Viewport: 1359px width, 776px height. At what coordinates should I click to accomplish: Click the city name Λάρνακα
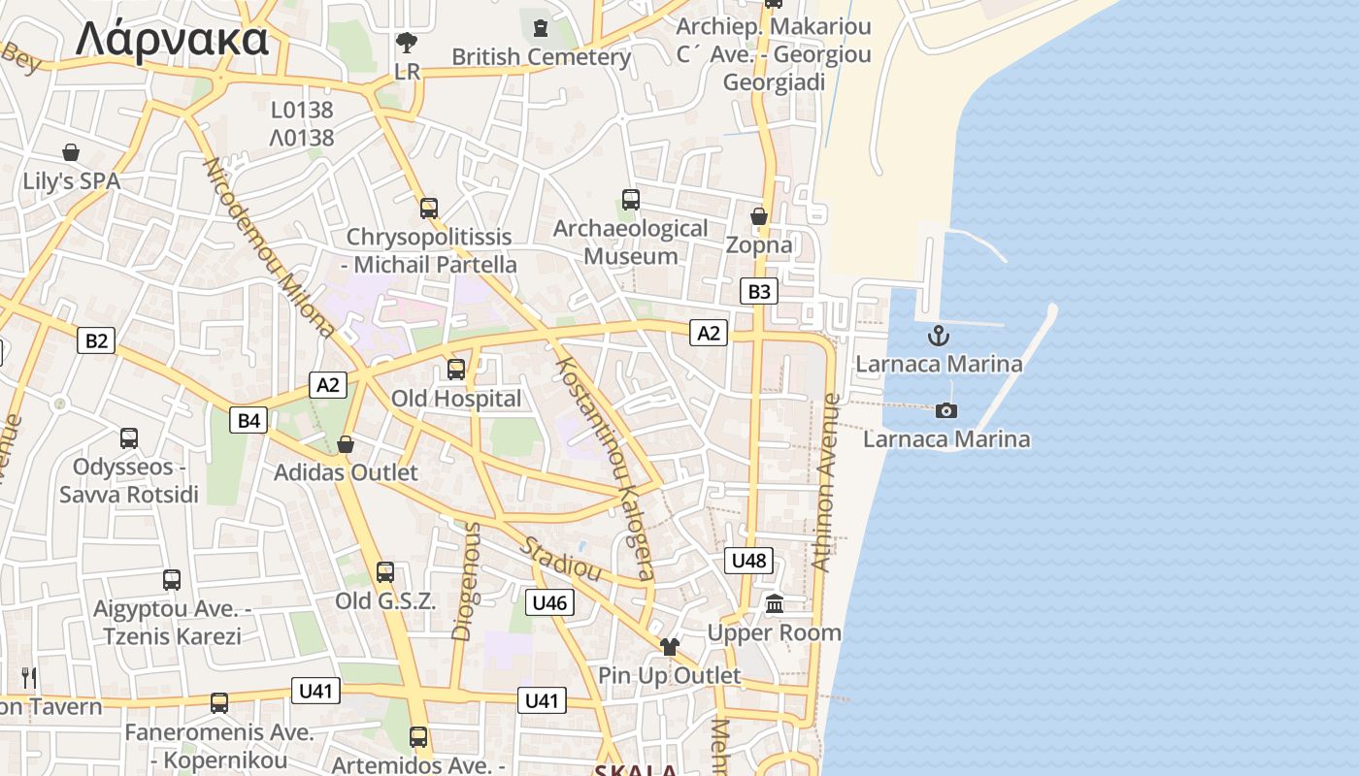point(172,40)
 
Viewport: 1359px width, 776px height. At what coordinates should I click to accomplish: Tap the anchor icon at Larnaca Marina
point(938,337)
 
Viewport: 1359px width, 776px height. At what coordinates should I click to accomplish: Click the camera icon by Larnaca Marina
point(946,411)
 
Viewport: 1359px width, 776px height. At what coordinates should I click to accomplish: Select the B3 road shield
point(759,291)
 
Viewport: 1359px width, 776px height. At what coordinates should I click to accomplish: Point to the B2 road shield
point(95,340)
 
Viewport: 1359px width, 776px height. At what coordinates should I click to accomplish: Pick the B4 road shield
point(249,420)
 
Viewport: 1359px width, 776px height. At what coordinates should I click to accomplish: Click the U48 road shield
point(748,560)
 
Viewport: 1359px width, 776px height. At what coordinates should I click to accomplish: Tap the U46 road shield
point(549,602)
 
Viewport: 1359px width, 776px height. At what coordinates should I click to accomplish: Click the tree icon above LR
point(407,43)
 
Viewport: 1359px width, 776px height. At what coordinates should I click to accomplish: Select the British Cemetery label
point(542,57)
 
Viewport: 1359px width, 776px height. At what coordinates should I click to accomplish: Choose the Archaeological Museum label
point(630,242)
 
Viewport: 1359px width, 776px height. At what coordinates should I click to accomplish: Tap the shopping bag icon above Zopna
point(759,216)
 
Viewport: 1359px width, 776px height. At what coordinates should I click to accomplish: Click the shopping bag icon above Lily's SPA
point(71,152)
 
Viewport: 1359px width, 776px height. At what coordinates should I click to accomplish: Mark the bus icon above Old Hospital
point(455,370)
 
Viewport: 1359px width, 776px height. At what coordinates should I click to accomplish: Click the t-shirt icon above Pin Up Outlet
point(669,647)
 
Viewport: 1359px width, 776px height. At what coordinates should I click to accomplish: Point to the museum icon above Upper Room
point(774,604)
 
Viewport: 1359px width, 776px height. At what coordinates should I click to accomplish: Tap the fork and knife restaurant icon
point(29,677)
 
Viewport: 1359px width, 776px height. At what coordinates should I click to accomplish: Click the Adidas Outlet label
point(346,473)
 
